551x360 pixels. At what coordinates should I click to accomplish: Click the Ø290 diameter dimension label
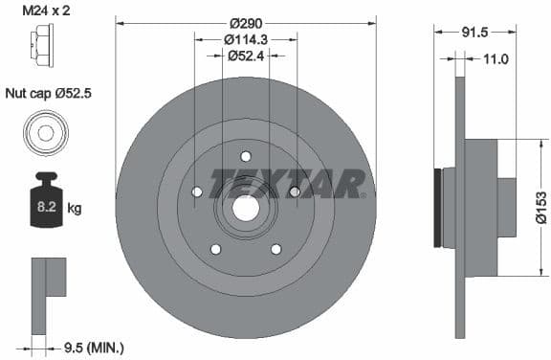pyautogui.click(x=245, y=21)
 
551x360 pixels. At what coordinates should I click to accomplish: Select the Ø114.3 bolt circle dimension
pyautogui.click(x=246, y=39)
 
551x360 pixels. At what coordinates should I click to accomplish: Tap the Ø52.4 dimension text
pyautogui.click(x=246, y=56)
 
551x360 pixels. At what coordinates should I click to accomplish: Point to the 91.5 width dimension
pyautogui.click(x=474, y=32)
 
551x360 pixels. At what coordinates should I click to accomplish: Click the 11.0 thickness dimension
pyautogui.click(x=495, y=59)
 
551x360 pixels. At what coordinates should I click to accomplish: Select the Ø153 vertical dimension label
pyautogui.click(x=540, y=206)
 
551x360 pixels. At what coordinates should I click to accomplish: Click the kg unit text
pyautogui.click(x=74, y=207)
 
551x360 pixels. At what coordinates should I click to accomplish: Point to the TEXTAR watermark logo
pyautogui.click(x=287, y=182)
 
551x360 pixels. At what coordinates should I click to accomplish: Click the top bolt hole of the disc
pyautogui.click(x=246, y=156)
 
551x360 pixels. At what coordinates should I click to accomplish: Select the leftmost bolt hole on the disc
pyautogui.click(x=197, y=191)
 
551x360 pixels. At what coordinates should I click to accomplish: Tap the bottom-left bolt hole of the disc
pyautogui.click(x=215, y=249)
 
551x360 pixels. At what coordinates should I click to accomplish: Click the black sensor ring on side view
pyautogui.click(x=439, y=207)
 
